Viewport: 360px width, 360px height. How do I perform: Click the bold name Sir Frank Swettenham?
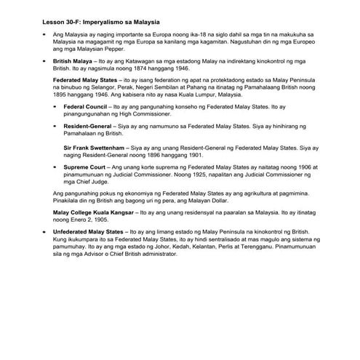[94, 147]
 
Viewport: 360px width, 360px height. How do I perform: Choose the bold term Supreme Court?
[85, 167]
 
